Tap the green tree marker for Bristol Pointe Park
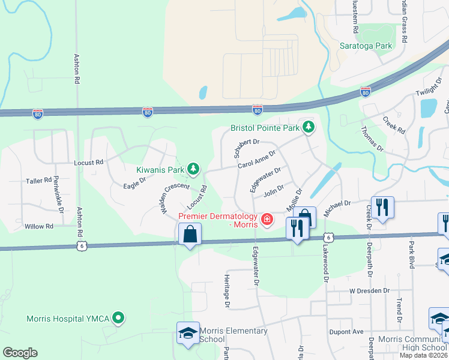coord(308,127)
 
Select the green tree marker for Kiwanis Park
coord(193,170)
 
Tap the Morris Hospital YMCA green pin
coord(119,318)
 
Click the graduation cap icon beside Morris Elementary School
coord(188,334)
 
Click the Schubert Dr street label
coord(247,143)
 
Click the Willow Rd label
coord(40,226)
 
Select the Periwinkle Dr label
coord(58,191)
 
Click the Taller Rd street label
coord(39,180)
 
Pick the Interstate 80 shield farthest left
coord(38,113)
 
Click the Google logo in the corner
coord(20,353)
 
